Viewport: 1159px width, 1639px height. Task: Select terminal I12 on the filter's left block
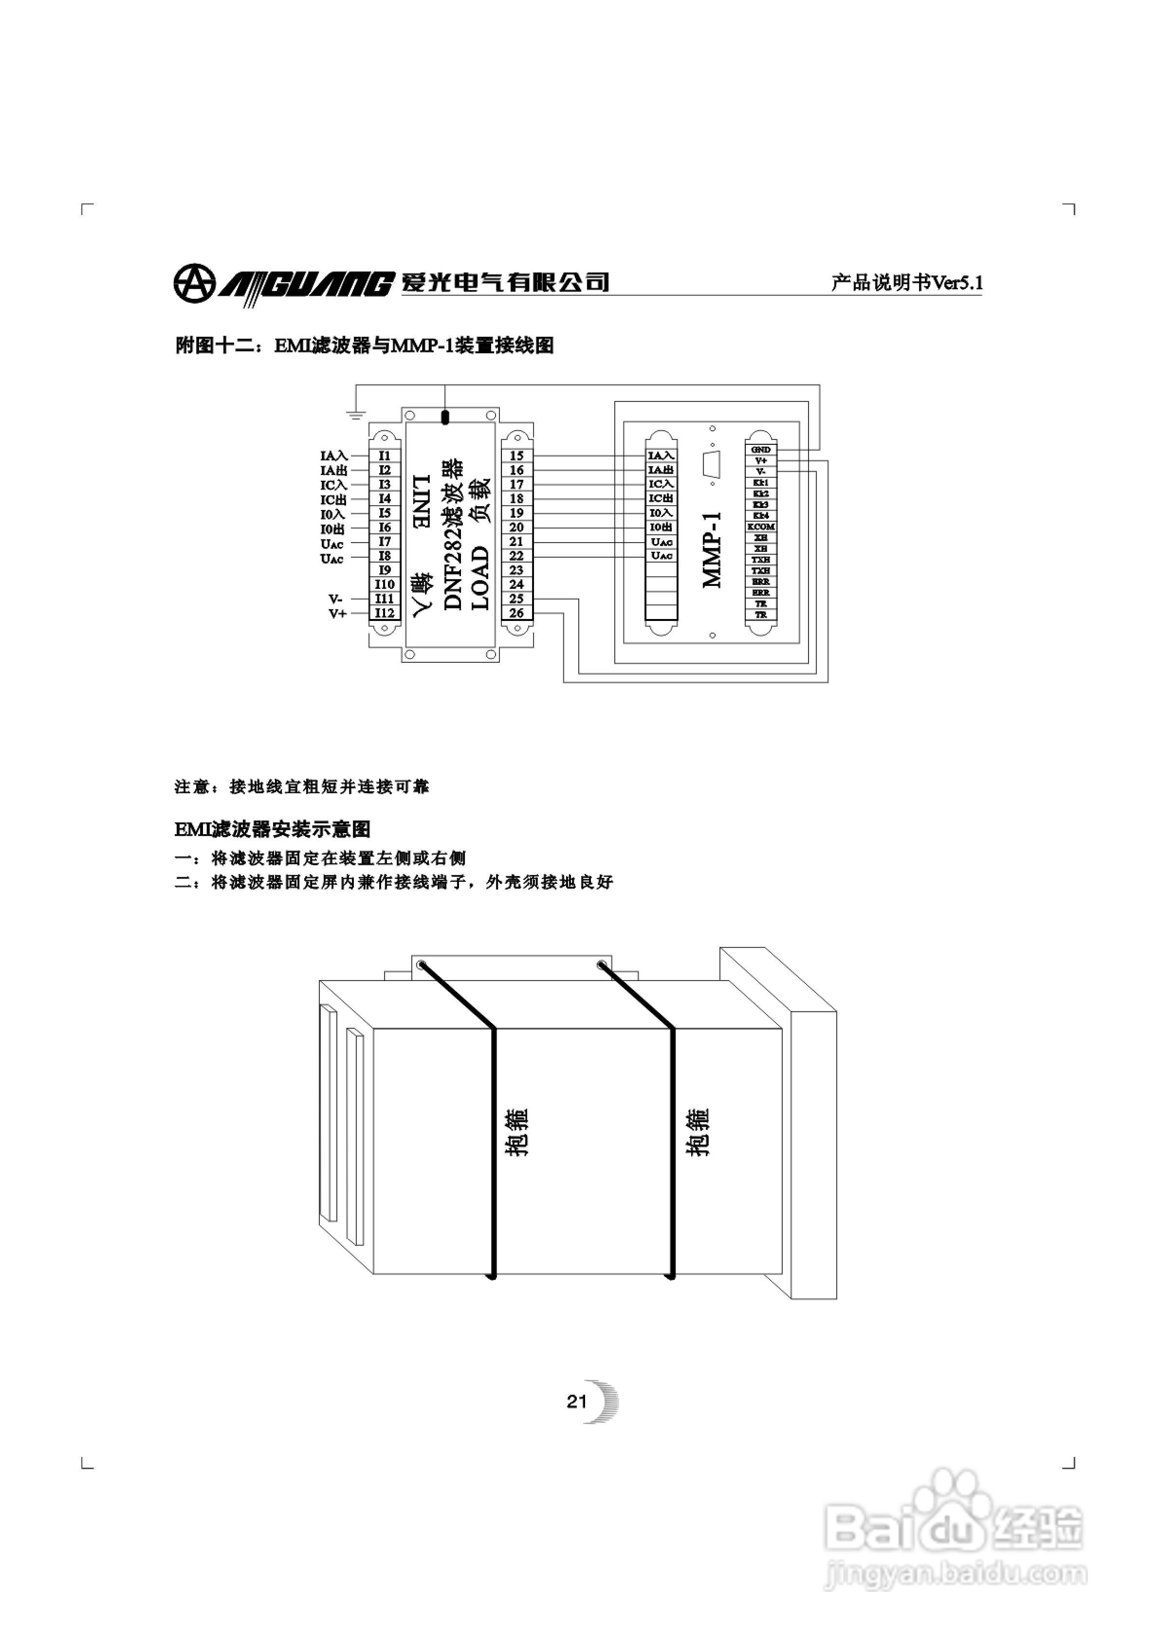pos(385,613)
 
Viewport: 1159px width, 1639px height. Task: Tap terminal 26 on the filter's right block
pos(516,613)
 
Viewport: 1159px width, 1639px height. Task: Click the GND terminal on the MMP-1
pos(760,450)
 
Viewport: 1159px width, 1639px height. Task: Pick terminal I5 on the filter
pos(385,512)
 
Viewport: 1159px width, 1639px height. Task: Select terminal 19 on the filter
pos(516,512)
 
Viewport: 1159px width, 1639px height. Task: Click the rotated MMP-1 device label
pos(713,550)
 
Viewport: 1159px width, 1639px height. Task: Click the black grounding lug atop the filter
pos(445,418)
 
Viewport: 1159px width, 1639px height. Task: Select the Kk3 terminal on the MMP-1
pos(760,505)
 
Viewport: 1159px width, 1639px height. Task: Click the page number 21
pos(576,1402)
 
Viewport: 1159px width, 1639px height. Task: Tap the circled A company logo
pos(194,283)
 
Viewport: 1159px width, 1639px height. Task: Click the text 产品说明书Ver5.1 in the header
pos(907,283)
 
